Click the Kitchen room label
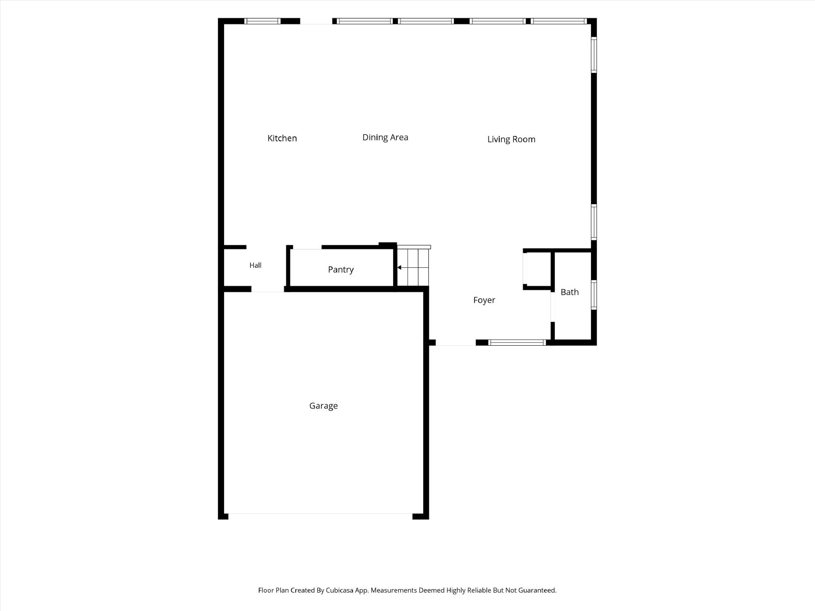click(x=282, y=138)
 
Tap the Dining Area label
click(x=385, y=137)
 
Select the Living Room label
click(x=511, y=140)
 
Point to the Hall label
click(x=255, y=265)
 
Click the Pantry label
click(x=340, y=270)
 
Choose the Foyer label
click(x=484, y=300)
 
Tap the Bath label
click(x=569, y=292)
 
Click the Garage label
click(x=323, y=406)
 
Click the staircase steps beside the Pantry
click(x=413, y=266)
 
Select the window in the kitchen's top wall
click(x=262, y=21)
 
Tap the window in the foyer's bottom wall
click(x=517, y=342)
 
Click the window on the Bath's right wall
click(x=594, y=295)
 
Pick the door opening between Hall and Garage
click(x=268, y=289)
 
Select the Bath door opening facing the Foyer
click(x=553, y=307)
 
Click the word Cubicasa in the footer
click(x=339, y=590)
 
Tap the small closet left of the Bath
click(x=537, y=269)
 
